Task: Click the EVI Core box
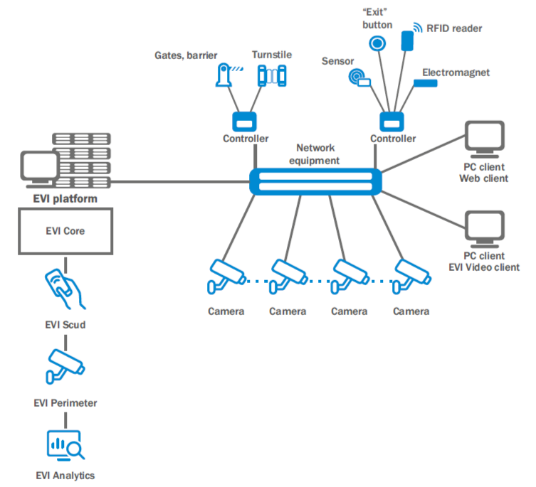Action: [64, 231]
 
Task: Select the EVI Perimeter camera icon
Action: [65, 365]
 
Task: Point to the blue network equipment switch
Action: [315, 181]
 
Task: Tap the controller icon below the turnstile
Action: [246, 120]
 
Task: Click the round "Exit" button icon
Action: [376, 43]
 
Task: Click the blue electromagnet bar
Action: [426, 85]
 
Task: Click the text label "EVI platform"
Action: [64, 198]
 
